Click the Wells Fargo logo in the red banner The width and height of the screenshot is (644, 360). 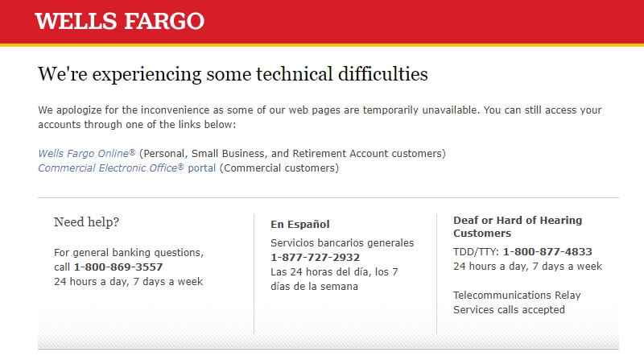(119, 21)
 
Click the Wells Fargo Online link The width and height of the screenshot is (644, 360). (86, 153)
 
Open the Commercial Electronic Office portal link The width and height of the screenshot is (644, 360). (126, 168)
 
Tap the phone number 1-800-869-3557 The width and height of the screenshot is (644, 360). (118, 267)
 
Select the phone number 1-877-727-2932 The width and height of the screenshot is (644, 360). (315, 257)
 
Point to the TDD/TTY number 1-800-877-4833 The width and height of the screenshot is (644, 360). (547, 251)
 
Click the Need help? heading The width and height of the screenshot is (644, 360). (86, 222)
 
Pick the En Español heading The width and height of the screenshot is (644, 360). (299, 225)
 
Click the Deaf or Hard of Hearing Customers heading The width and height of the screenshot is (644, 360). (518, 227)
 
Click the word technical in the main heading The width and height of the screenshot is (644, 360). (294, 74)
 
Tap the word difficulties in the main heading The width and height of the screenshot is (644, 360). (383, 74)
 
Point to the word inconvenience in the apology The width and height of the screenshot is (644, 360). (175, 110)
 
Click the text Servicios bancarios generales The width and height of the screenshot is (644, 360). (342, 243)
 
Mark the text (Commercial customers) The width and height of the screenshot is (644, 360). (279, 168)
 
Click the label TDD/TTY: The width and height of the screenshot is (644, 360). (476, 251)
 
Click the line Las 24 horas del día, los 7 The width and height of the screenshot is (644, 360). (334, 272)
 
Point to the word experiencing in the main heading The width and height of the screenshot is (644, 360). (147, 75)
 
